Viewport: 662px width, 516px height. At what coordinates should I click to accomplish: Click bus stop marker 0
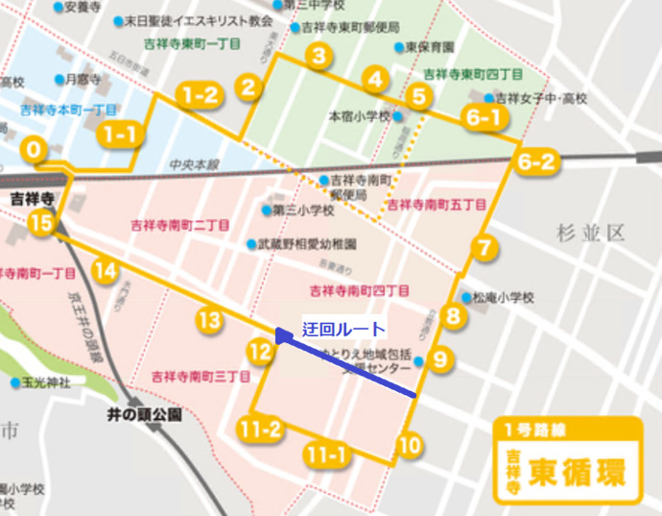(x=35, y=150)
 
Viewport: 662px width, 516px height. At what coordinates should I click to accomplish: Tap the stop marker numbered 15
(x=39, y=224)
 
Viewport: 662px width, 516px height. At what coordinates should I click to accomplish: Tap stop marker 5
(x=417, y=95)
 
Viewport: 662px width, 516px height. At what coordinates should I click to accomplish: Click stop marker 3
(x=318, y=57)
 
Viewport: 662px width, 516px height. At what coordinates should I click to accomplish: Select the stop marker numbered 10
(x=410, y=446)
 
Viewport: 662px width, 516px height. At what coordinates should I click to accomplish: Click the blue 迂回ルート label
(x=343, y=329)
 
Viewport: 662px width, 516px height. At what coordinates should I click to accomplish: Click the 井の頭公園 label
(x=145, y=415)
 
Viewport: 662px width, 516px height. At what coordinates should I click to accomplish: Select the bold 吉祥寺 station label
(x=29, y=199)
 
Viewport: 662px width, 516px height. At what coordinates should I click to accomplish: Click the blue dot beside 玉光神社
(x=16, y=383)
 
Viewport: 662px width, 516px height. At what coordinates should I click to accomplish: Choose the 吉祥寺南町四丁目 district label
(x=360, y=290)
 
